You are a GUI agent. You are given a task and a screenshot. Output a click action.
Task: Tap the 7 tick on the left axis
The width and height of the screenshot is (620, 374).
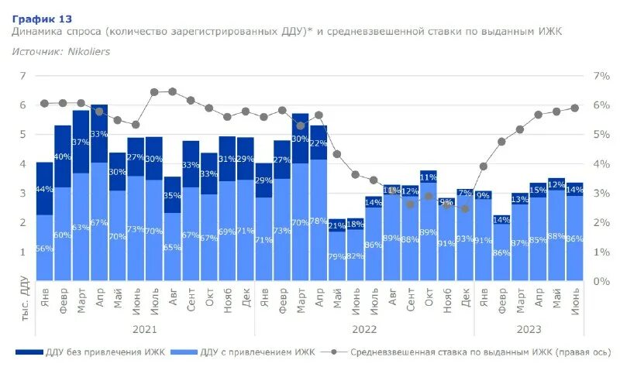[x=23, y=76]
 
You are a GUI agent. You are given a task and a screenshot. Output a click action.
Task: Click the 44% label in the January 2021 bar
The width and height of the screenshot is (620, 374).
[x=45, y=190]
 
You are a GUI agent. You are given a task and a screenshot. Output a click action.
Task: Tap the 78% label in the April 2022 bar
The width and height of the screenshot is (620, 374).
[x=318, y=221]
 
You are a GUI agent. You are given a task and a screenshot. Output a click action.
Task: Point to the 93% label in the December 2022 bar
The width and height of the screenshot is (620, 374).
[x=465, y=240]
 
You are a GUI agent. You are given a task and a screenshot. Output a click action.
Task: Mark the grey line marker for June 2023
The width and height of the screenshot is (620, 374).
[x=575, y=108]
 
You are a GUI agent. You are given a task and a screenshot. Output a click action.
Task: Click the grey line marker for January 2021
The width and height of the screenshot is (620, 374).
[x=45, y=103]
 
